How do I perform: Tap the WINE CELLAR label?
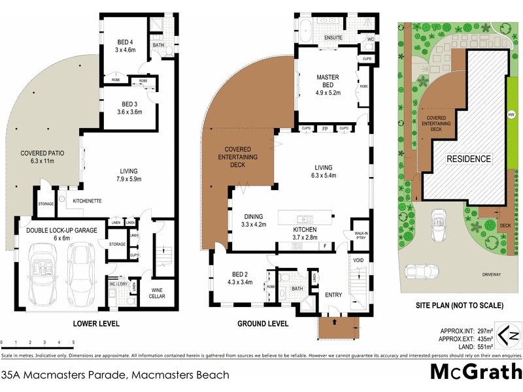click(x=158, y=292)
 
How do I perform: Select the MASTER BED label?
click(x=328, y=77)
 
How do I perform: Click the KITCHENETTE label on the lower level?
click(x=86, y=201)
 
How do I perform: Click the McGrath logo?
click(x=475, y=371)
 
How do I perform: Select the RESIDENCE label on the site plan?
click(x=469, y=159)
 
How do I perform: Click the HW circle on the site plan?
click(x=511, y=115)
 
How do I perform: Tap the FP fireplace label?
click(x=325, y=129)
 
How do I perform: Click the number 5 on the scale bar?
click(x=73, y=342)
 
